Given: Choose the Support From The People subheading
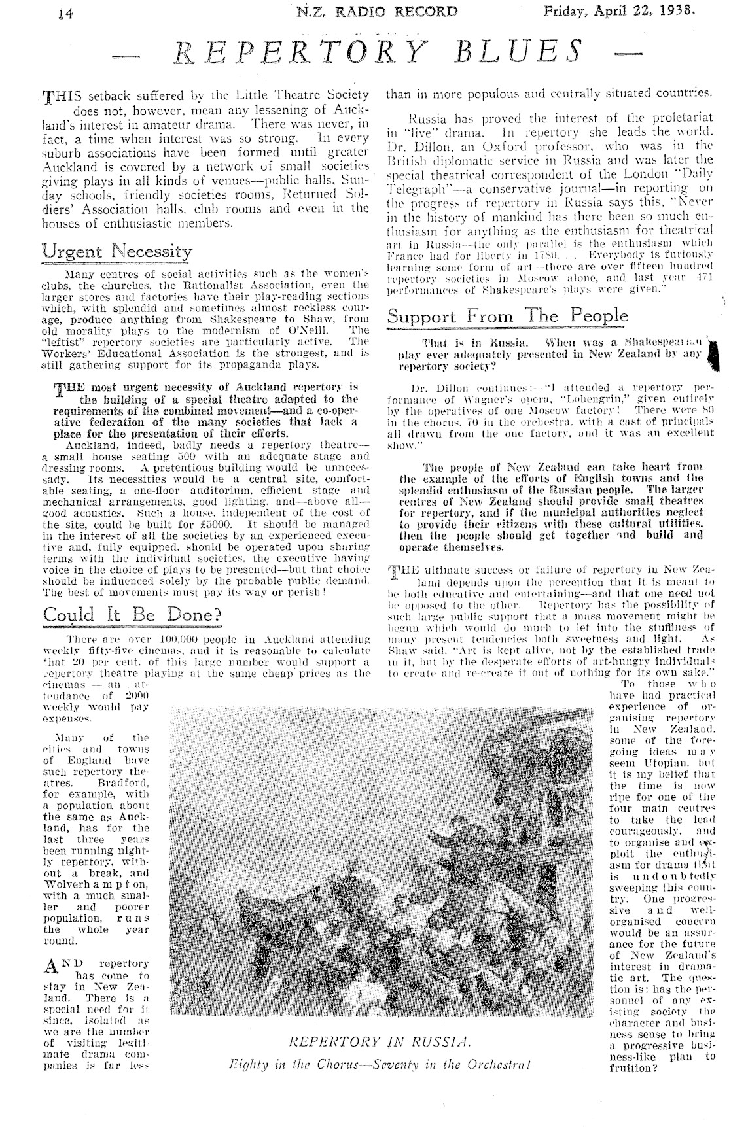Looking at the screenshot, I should [x=507, y=316].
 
